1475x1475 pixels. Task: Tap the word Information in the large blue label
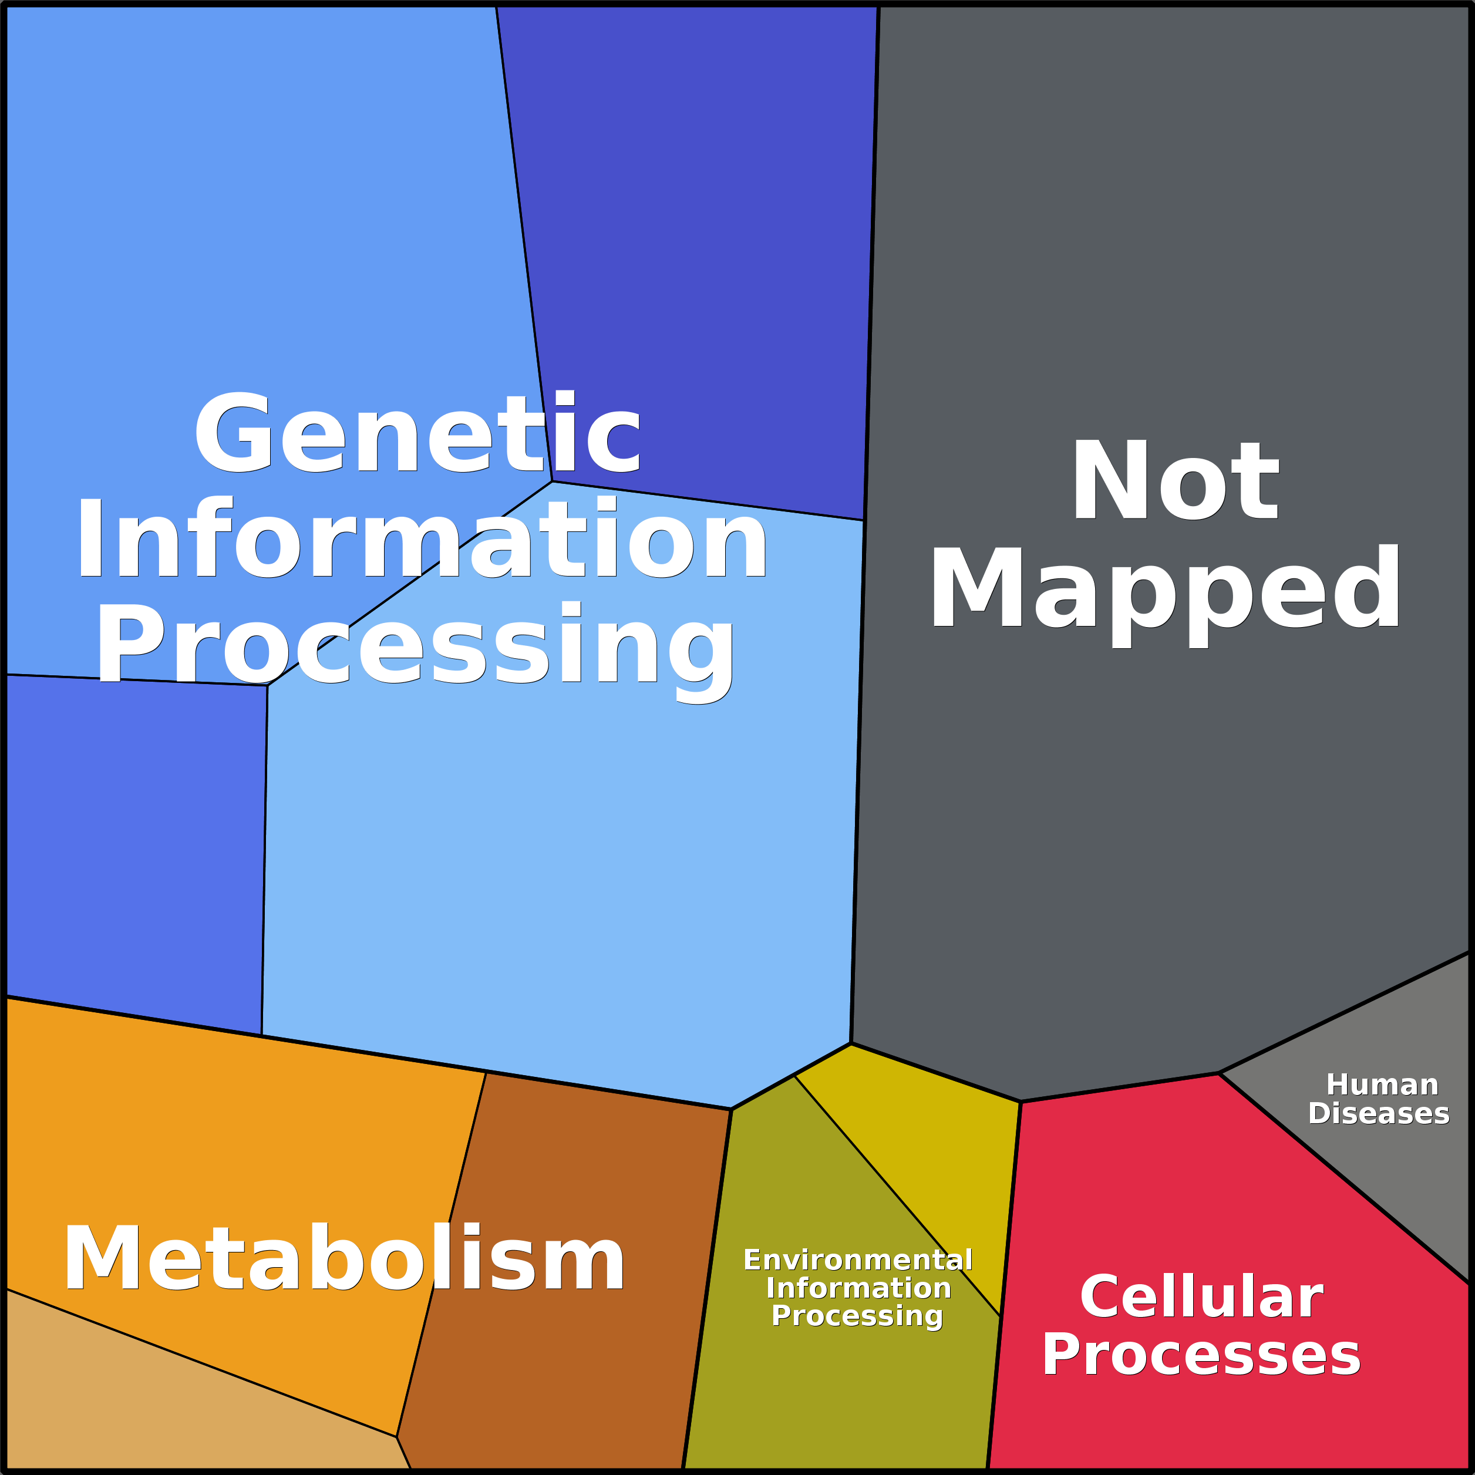(422, 540)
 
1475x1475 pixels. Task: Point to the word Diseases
(1379, 1114)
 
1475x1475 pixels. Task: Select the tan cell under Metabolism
(153, 1412)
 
